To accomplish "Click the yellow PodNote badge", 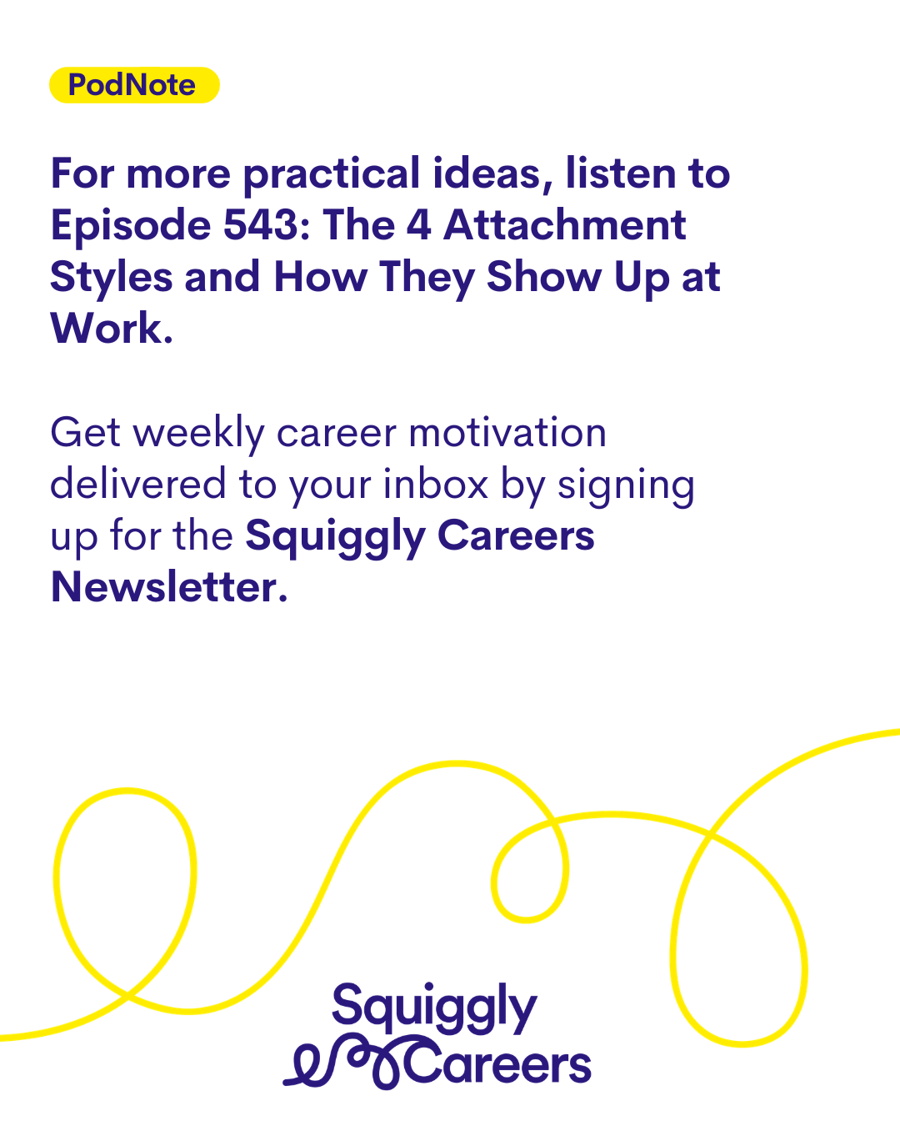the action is coord(134,85).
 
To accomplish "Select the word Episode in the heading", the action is coord(131,225).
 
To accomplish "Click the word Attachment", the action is coord(564,225).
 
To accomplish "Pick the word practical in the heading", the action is coord(332,174).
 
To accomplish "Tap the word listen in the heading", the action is coord(622,173).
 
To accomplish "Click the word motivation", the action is coord(507,433).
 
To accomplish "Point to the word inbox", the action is coord(436,484).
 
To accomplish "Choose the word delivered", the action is coord(138,484).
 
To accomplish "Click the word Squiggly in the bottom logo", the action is coord(434,1008).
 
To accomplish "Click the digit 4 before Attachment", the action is coord(418,225).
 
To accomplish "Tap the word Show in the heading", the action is coord(544,277).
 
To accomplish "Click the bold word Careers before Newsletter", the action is coord(516,536).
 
